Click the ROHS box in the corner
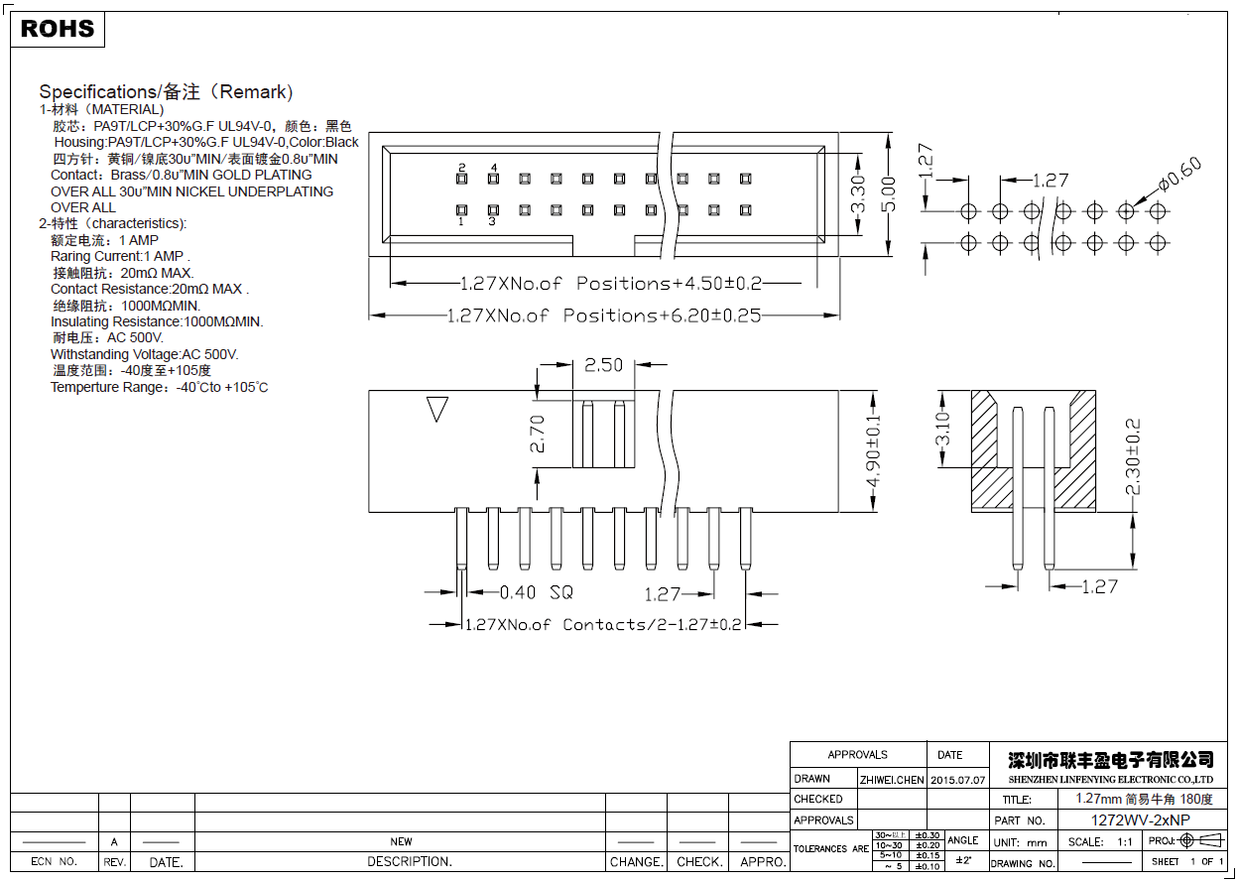(58, 30)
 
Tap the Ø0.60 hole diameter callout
(1178, 174)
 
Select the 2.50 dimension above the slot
(603, 365)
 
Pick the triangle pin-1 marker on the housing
(436, 409)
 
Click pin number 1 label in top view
(461, 222)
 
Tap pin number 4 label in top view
(493, 167)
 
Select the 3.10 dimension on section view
(943, 430)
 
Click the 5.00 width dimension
(889, 194)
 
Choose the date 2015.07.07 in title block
(958, 780)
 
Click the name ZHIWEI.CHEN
(892, 780)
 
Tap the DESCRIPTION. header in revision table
(410, 862)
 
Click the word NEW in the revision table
(401, 841)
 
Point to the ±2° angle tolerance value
(962, 859)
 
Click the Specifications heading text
(166, 92)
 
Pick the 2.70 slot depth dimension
(537, 434)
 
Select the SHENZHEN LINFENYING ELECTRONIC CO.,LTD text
(1110, 780)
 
